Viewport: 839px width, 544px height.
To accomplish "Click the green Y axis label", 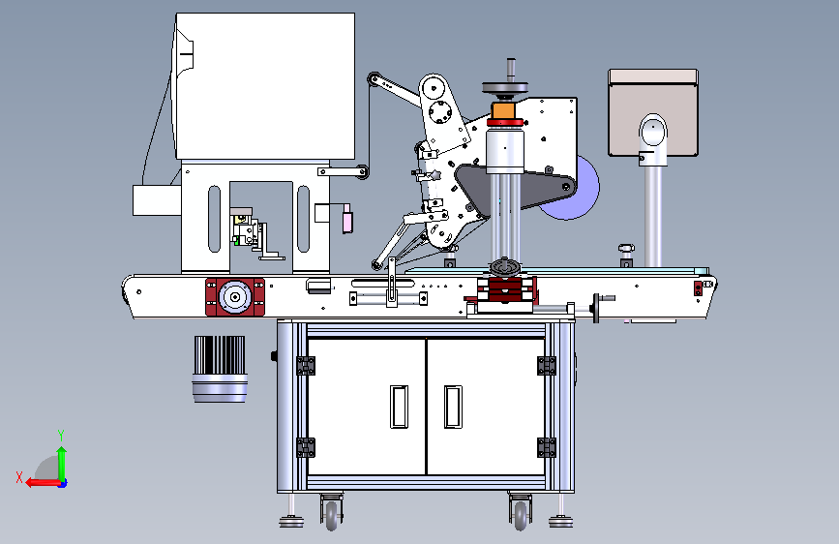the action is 61,435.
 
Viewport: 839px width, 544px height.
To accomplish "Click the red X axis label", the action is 19,477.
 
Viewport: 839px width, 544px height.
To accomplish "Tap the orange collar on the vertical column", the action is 503,111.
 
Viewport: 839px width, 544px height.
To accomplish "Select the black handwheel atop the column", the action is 505,88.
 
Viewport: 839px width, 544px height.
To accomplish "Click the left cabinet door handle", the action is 399,407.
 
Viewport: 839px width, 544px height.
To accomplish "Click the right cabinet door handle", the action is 453,407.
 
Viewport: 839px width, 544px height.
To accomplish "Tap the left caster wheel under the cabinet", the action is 332,514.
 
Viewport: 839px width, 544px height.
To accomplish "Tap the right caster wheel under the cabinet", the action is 520,514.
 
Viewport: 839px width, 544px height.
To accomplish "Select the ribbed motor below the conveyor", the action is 220,369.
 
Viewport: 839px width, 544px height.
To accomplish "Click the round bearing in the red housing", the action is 235,297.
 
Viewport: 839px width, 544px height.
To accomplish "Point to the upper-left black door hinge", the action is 306,366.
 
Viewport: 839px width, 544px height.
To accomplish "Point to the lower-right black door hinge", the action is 547,447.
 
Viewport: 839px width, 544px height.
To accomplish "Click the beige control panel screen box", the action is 653,112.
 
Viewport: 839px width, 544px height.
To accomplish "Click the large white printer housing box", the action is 265,86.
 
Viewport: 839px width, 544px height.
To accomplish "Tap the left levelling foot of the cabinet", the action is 291,521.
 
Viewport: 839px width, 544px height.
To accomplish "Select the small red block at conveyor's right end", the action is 698,288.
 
